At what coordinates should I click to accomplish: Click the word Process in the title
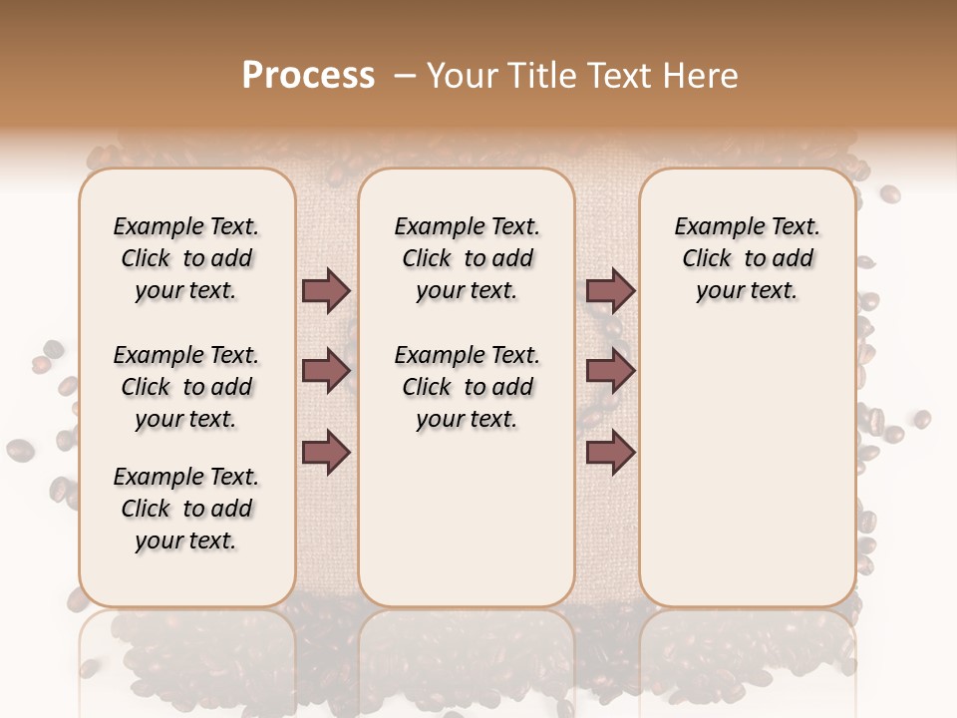pos(308,75)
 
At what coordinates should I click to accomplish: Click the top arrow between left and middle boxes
pos(326,291)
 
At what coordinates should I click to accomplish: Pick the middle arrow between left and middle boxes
pos(326,372)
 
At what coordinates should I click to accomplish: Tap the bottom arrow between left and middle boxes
pos(326,451)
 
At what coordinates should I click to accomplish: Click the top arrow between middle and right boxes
pos(610,291)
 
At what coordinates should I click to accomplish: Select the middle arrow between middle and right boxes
pos(610,372)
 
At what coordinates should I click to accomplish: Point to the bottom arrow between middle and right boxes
pos(610,451)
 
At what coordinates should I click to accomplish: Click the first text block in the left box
pos(186,258)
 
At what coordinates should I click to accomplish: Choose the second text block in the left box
pos(186,387)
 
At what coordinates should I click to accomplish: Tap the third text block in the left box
pos(186,509)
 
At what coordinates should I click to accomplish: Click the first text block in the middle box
pos(468,258)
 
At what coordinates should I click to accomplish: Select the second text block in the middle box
pos(468,387)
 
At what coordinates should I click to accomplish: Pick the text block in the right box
pos(748,258)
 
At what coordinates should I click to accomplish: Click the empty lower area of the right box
pos(748,469)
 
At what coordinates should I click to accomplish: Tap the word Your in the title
pos(461,75)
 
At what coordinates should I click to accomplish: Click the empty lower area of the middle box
pos(468,519)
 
